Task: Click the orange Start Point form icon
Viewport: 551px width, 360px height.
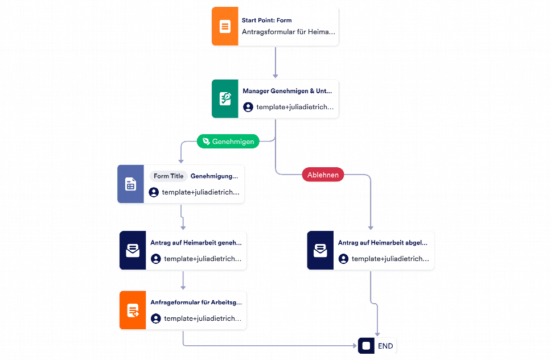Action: pyautogui.click(x=225, y=26)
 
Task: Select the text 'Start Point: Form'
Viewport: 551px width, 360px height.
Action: pyautogui.click(x=267, y=20)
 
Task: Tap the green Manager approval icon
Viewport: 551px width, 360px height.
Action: pyautogui.click(x=225, y=99)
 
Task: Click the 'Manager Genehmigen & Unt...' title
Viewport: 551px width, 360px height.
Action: pyautogui.click(x=287, y=91)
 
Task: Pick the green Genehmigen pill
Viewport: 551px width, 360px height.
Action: pyautogui.click(x=228, y=141)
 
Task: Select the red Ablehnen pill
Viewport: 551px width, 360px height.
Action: pyautogui.click(x=323, y=175)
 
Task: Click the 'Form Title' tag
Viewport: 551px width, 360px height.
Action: pyautogui.click(x=168, y=176)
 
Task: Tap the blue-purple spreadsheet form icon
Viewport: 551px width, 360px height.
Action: pyautogui.click(x=131, y=184)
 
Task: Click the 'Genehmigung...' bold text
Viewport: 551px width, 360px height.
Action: pyautogui.click(x=215, y=176)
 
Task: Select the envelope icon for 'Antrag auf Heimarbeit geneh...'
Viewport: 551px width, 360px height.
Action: pyautogui.click(x=133, y=250)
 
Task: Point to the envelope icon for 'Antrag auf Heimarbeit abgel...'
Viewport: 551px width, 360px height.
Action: pyautogui.click(x=320, y=250)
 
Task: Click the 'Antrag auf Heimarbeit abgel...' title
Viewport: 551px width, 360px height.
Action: pyautogui.click(x=383, y=243)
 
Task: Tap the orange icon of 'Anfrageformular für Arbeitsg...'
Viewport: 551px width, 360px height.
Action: pyautogui.click(x=133, y=310)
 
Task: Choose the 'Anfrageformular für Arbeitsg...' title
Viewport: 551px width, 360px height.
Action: pyautogui.click(x=196, y=303)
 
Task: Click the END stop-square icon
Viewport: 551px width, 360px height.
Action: pyautogui.click(x=366, y=346)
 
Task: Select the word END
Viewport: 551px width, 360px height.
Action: pyautogui.click(x=385, y=346)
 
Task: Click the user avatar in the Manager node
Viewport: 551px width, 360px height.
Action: pyautogui.click(x=248, y=107)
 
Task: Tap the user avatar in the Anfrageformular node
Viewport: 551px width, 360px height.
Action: pyautogui.click(x=155, y=318)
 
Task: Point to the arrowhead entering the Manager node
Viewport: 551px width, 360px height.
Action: pyautogui.click(x=275, y=76)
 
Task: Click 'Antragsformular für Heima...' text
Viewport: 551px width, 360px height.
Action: pyautogui.click(x=289, y=32)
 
